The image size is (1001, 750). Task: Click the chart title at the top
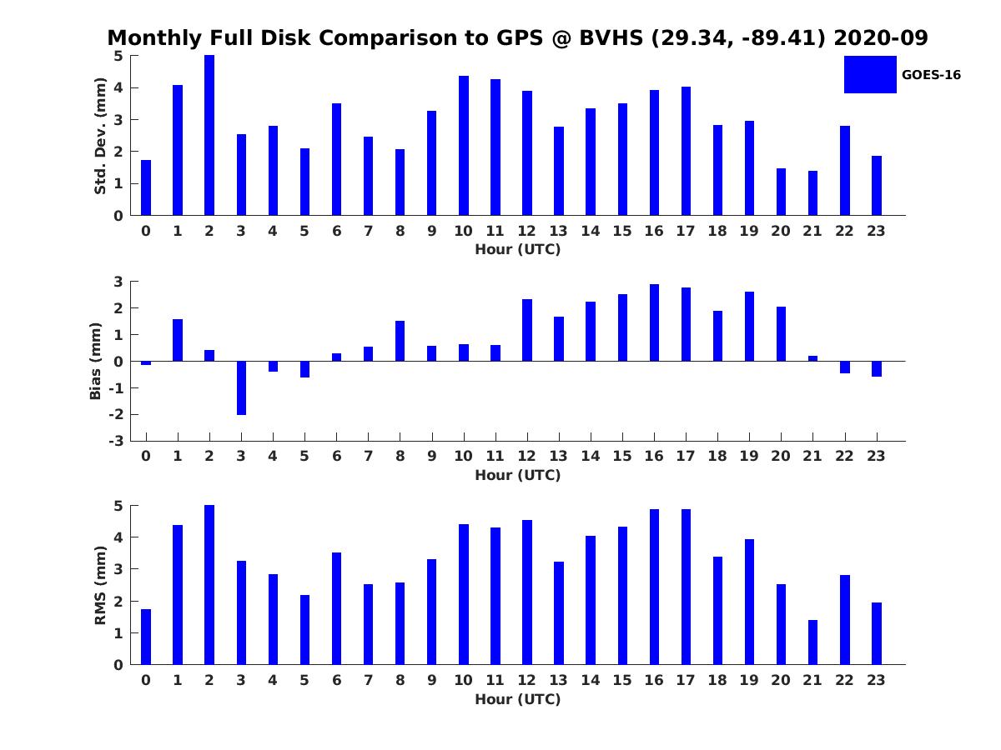point(517,38)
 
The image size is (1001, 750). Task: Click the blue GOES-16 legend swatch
point(869,74)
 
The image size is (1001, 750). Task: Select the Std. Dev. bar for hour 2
point(209,135)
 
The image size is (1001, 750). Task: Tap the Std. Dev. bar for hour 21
point(812,193)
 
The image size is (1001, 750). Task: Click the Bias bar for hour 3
point(241,387)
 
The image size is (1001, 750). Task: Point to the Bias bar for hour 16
point(654,323)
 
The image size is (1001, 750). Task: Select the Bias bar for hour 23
point(877,369)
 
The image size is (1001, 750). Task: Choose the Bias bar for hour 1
point(178,340)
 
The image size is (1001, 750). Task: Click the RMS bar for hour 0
point(146,637)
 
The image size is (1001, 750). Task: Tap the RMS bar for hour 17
point(686,587)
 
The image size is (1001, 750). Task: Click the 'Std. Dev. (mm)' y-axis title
point(100,136)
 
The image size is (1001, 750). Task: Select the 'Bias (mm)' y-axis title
point(96,361)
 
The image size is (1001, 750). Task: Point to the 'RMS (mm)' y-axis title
point(100,585)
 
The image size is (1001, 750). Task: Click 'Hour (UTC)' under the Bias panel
point(517,475)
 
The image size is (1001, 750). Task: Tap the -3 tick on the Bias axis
point(118,441)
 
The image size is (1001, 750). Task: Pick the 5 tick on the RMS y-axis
point(118,506)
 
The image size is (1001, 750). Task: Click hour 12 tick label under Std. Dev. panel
point(527,231)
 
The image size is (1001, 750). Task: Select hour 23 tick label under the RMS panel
point(876,680)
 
